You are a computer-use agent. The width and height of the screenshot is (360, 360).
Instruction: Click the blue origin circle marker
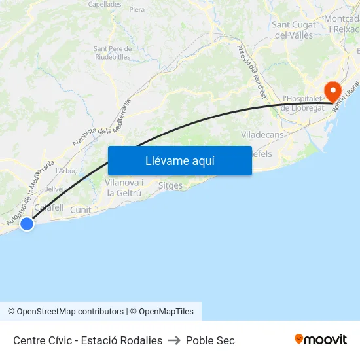point(27,224)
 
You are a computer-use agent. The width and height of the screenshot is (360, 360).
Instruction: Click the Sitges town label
point(170,186)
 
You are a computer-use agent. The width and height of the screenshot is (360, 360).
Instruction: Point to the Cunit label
point(81,210)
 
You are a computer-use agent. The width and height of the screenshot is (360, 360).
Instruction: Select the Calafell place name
point(48,207)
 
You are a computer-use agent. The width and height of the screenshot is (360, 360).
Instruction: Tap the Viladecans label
point(262,134)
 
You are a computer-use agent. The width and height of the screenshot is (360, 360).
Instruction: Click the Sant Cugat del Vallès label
point(293,30)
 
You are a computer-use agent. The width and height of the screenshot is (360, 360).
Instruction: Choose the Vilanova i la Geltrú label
point(124,188)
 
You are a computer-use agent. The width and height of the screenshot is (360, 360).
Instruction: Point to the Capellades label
point(105,4)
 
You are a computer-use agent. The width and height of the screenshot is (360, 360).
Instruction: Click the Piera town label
point(137,10)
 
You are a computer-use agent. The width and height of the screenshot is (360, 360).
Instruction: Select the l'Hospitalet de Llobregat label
point(303,103)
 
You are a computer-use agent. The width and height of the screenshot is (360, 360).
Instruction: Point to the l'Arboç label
point(66,171)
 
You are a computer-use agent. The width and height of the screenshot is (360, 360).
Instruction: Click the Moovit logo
point(321,340)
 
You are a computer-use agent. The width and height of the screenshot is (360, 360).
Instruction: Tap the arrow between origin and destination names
point(174,340)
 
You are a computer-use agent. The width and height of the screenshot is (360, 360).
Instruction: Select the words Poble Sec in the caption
point(210,340)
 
